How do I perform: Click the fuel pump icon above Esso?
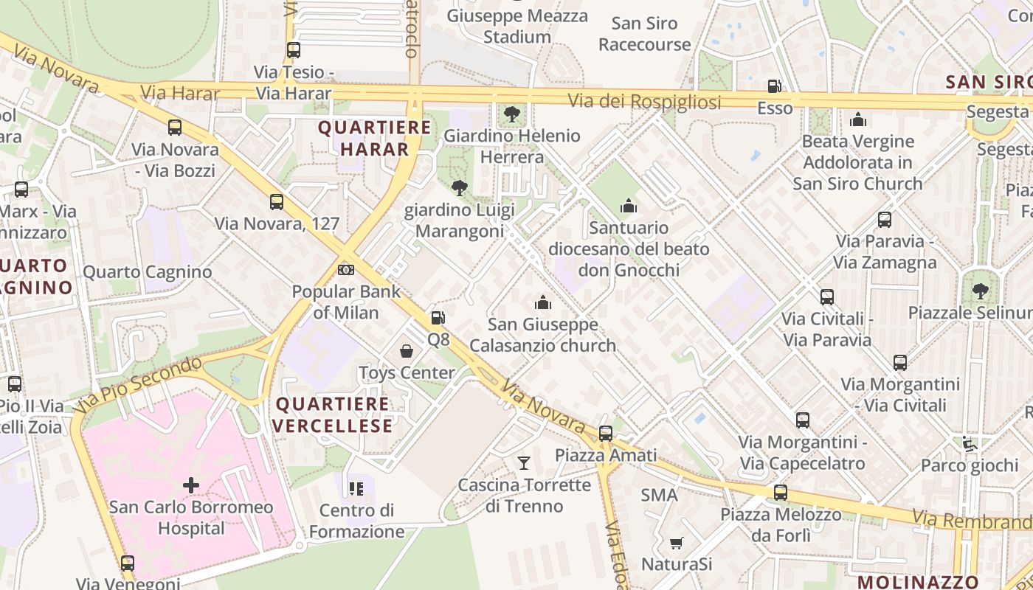[x=774, y=86]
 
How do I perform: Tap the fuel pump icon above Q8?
[x=438, y=318]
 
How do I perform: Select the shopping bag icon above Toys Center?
[x=407, y=350]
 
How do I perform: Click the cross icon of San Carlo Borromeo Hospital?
[x=191, y=485]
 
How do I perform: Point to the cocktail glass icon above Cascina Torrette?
[x=524, y=463]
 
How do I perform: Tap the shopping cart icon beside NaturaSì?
[x=676, y=544]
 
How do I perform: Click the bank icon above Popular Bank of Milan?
[x=345, y=269]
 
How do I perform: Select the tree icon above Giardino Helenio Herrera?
[x=511, y=114]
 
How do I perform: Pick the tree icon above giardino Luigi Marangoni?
[x=459, y=188]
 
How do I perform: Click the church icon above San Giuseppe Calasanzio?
[x=543, y=302]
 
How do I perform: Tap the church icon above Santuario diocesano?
[x=629, y=206]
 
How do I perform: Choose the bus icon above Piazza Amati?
[x=606, y=434]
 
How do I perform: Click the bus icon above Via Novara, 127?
[x=277, y=201]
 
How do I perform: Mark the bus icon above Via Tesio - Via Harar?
[x=294, y=50]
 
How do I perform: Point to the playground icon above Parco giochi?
[x=969, y=444]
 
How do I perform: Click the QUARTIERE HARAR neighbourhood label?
[x=374, y=138]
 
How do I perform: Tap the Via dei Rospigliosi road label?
[x=644, y=102]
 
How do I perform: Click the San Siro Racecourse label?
[x=644, y=34]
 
